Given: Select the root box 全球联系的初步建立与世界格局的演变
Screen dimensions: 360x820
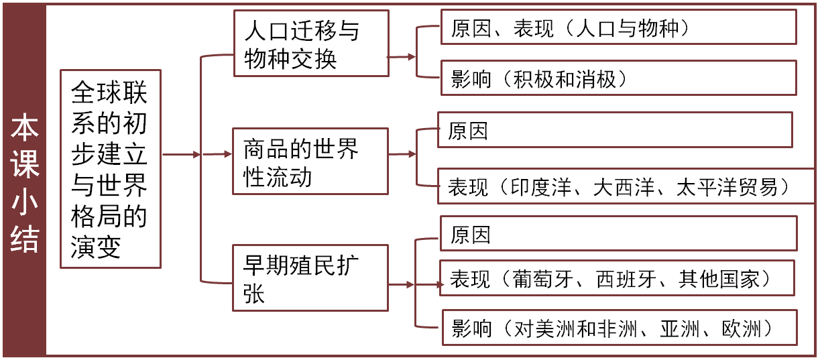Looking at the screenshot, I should click(x=110, y=169).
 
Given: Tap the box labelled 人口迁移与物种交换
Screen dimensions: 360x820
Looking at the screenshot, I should click(x=310, y=44).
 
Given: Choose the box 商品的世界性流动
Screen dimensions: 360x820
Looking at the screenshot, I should click(x=310, y=162).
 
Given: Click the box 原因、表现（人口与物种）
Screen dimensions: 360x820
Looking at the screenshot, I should click(x=618, y=27).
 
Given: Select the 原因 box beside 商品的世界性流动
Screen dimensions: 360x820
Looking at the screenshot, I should click(x=614, y=130).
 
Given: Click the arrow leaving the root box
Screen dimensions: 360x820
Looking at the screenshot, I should click(x=182, y=155).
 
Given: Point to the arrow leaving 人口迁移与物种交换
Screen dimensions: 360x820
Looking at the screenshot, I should click(x=402, y=58).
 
